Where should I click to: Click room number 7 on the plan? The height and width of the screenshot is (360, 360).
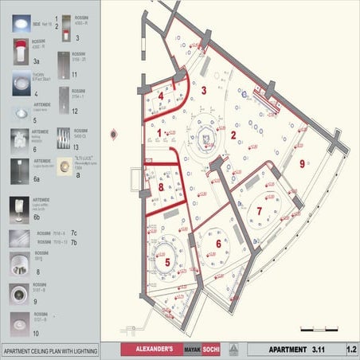pos(259,210)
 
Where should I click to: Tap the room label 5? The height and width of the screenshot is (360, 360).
pos(167,260)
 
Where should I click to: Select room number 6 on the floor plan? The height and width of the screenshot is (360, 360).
pos(218,243)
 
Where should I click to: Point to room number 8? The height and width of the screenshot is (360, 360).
pos(161,188)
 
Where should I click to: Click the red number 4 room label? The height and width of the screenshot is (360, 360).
pos(162,96)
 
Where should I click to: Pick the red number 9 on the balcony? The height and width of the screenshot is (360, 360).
pos(302,163)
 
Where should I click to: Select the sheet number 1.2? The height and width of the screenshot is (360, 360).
pos(351,349)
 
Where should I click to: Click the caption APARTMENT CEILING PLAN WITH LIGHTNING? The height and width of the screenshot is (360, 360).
pos(49,350)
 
